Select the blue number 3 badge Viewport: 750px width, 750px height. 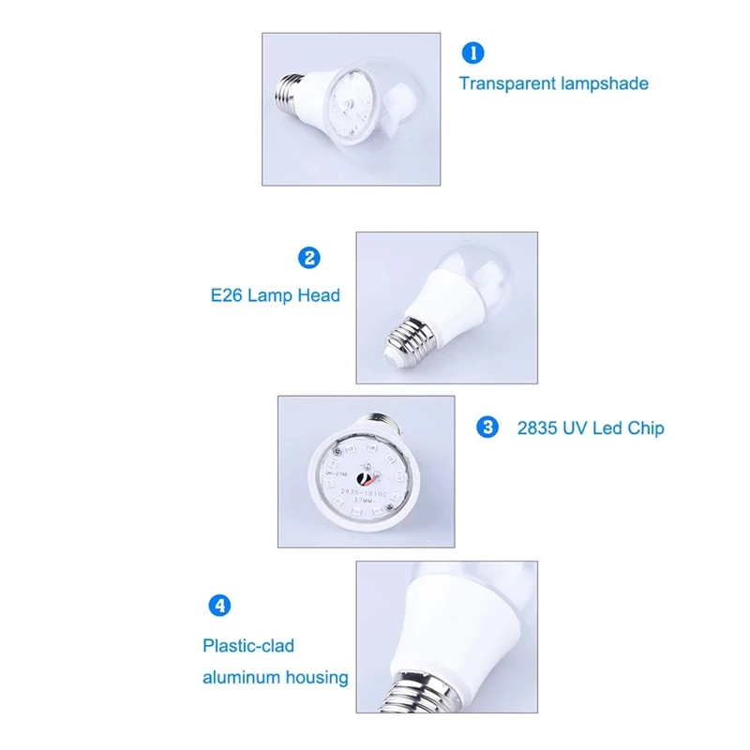487,427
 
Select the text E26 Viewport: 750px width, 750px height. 228,295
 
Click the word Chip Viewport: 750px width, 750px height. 646,428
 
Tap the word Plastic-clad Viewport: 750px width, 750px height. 248,646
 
